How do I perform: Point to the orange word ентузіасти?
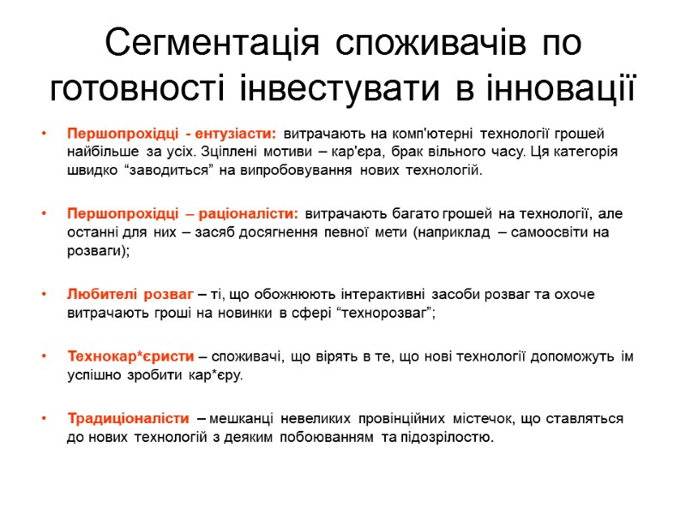click(x=236, y=134)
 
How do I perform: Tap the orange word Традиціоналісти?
click(x=128, y=419)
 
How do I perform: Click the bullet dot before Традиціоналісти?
click(x=44, y=419)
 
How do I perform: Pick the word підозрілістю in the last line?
click(x=447, y=438)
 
